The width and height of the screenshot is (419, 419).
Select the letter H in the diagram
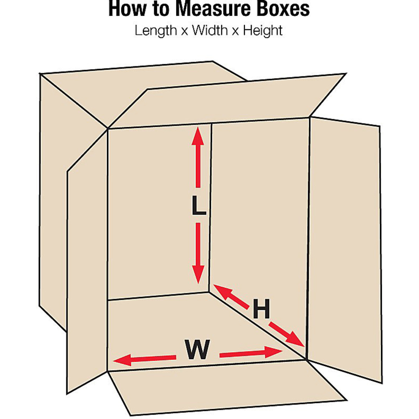click(x=261, y=309)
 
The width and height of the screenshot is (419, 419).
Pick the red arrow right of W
click(x=251, y=353)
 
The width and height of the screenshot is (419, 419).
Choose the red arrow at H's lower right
click(x=286, y=333)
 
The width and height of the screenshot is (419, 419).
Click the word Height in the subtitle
click(x=263, y=31)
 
